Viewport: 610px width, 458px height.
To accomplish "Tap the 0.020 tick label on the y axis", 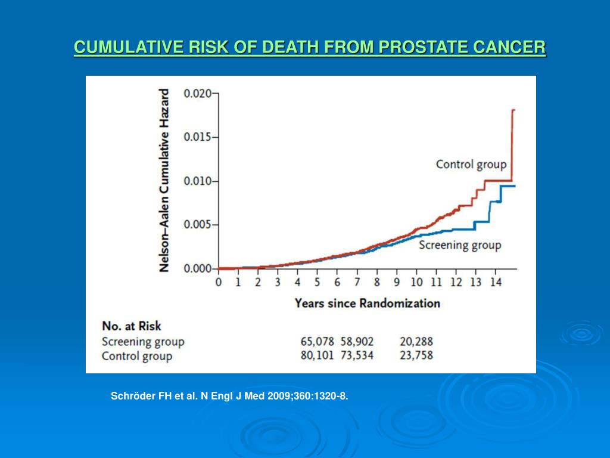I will (x=197, y=94).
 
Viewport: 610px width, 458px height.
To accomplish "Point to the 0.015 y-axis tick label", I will (x=197, y=137).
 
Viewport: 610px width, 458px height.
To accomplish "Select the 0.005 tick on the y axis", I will (x=197, y=225).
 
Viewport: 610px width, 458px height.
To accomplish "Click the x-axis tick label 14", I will (x=496, y=282).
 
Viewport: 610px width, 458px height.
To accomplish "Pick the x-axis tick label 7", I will (x=357, y=282).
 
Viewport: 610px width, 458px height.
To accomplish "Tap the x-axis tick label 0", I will (x=218, y=282).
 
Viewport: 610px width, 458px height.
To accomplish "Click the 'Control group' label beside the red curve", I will (x=471, y=164).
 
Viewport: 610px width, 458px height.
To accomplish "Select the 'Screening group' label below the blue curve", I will (x=459, y=245).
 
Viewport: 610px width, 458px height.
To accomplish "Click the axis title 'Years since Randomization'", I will (x=367, y=303).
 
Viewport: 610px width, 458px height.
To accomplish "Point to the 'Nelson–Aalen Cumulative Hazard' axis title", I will (x=164, y=181).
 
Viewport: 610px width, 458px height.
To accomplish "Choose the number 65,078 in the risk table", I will (x=318, y=342).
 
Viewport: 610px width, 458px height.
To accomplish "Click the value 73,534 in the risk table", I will (x=358, y=356).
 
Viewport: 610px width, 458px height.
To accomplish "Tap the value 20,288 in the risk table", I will (x=416, y=342).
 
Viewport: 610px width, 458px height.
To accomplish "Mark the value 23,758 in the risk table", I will (x=416, y=356).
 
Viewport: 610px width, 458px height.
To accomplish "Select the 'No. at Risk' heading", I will (x=131, y=326).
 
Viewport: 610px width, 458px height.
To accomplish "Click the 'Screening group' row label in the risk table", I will (x=143, y=342).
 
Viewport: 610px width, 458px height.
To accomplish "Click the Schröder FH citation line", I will (x=229, y=396).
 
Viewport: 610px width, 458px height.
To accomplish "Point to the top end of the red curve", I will (x=513, y=110).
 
